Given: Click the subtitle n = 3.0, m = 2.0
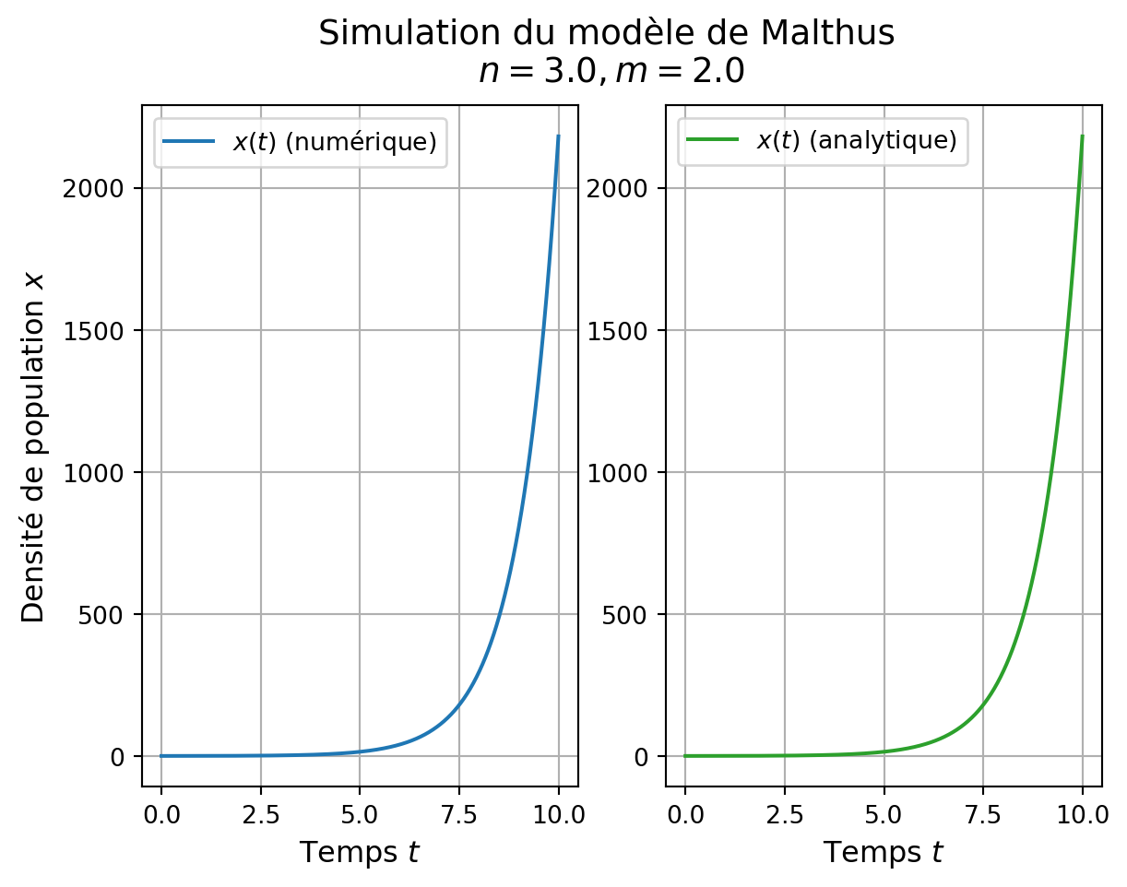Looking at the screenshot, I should [x=611, y=71].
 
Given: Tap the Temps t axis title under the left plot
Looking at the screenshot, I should [x=360, y=853].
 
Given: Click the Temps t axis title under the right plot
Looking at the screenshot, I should [x=884, y=853].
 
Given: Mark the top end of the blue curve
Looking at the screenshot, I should [x=559, y=136].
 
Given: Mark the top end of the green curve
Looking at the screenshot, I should [x=1082, y=136].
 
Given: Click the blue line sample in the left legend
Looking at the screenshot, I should [x=188, y=142].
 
